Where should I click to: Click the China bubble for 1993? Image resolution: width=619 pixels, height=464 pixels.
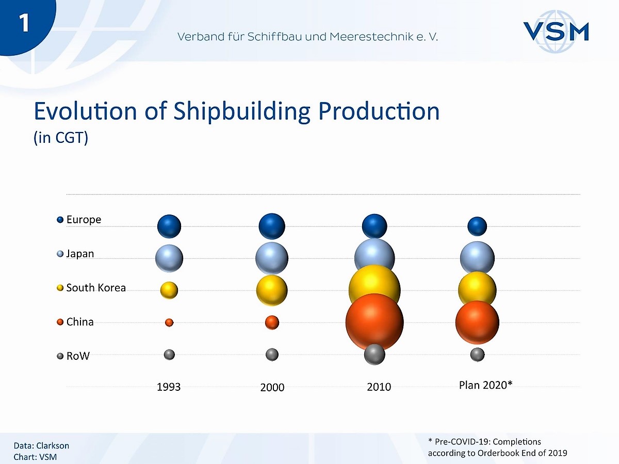(169, 322)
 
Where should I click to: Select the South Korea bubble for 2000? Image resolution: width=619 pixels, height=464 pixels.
(272, 290)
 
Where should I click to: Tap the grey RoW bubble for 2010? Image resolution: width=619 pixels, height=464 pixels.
(374, 354)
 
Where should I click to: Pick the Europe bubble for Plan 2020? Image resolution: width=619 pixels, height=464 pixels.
(477, 226)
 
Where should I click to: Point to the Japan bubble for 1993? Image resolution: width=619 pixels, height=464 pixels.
(169, 258)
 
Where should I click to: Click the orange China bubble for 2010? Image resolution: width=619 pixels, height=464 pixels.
(374, 322)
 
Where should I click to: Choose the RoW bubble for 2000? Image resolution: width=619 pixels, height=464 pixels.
(272, 354)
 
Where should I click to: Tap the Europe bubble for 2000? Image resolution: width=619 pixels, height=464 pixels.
(272, 226)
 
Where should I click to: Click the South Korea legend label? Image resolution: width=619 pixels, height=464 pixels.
(96, 288)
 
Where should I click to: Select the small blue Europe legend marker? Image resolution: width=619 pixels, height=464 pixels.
(60, 220)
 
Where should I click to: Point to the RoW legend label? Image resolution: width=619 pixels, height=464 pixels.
(78, 356)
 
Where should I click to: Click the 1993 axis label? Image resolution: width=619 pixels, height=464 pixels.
(169, 387)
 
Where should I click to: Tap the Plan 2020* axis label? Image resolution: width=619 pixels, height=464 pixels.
(485, 385)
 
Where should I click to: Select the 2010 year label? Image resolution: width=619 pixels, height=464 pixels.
(379, 387)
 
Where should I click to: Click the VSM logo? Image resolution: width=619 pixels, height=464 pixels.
(556, 31)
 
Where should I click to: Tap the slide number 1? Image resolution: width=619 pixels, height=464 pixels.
(24, 23)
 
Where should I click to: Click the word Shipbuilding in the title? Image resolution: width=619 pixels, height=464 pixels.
(242, 111)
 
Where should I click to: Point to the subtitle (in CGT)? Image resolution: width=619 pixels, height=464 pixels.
(61, 138)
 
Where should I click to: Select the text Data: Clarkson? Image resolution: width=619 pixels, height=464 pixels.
(41, 445)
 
